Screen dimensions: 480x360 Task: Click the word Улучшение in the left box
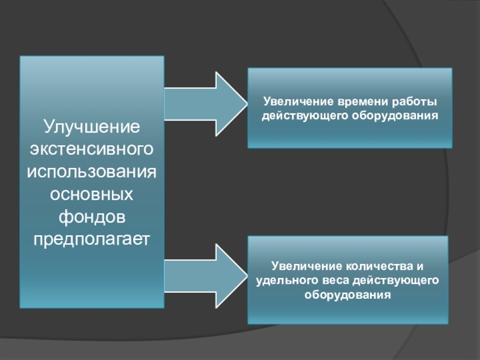pos(91,127)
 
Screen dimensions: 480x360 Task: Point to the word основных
pos(91,194)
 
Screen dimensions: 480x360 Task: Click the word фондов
pos(91,217)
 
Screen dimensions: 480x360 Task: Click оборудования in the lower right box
pos(347,295)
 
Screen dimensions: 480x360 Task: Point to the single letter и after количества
pos(421,266)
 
